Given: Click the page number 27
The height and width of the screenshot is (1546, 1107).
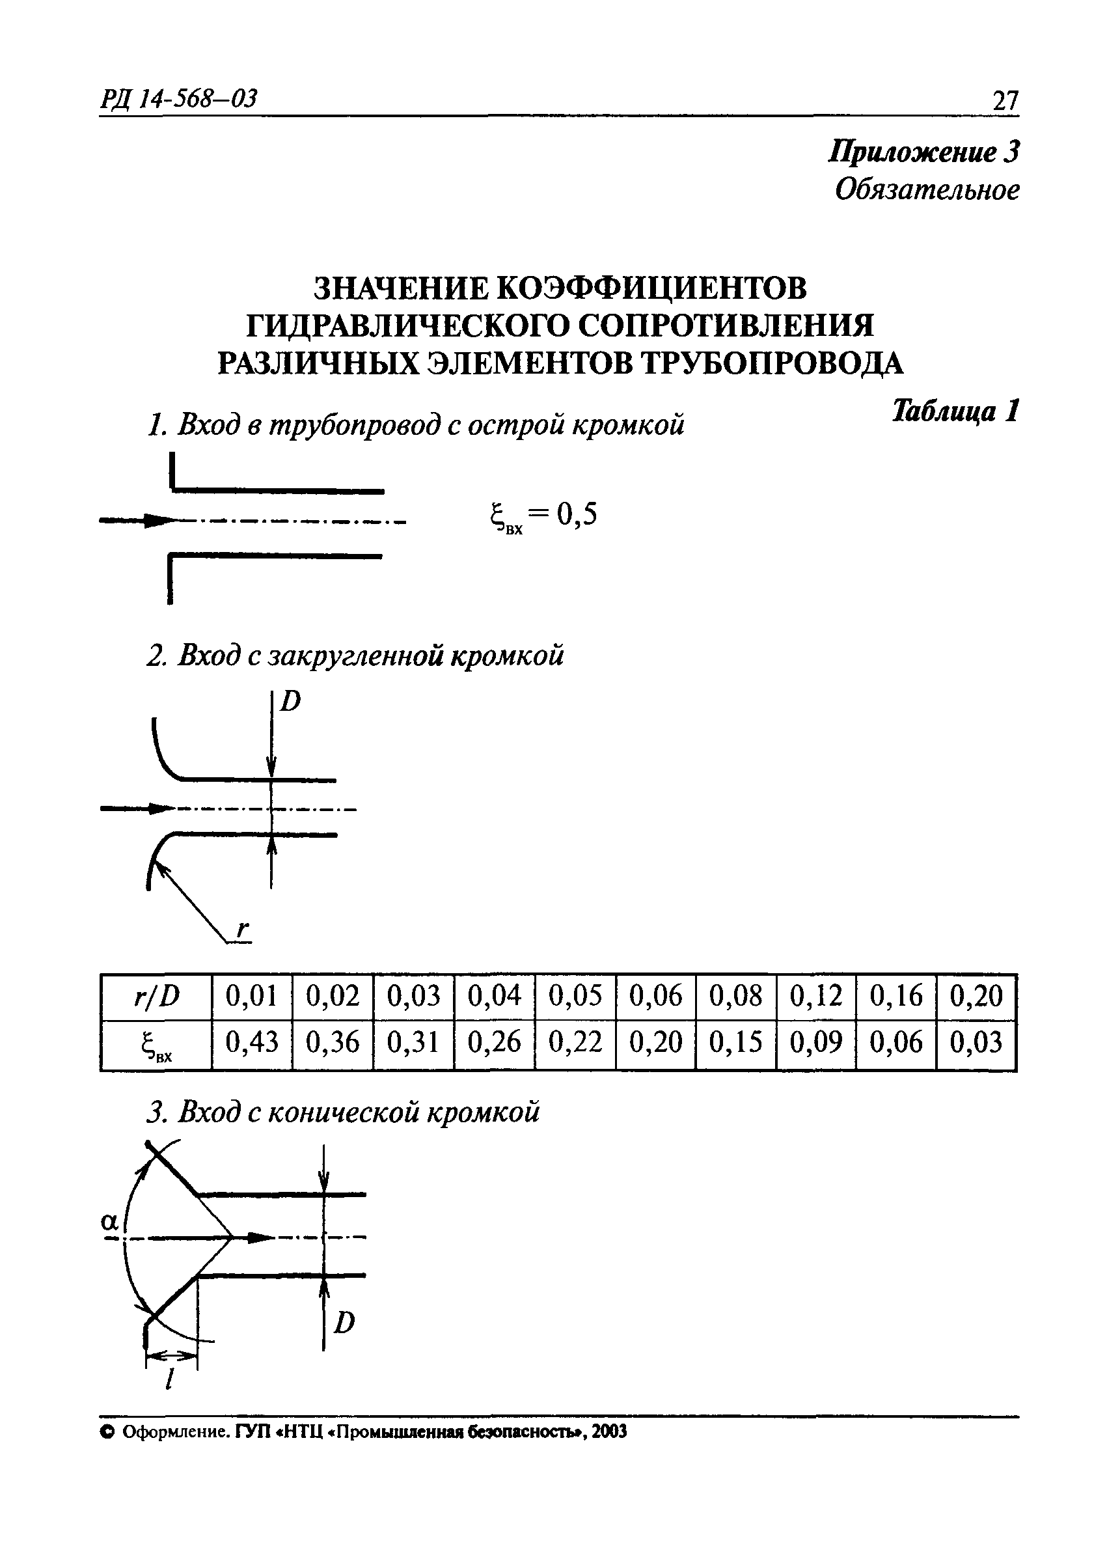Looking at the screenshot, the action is click(x=1005, y=102).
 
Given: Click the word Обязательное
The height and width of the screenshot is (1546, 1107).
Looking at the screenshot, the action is click(x=927, y=190).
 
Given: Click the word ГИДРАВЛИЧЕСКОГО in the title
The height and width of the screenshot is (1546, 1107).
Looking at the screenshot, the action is click(x=407, y=327).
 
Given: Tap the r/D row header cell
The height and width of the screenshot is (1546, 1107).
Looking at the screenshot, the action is click(x=156, y=997).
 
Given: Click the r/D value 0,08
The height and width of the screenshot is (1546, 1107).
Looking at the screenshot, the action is click(x=736, y=997).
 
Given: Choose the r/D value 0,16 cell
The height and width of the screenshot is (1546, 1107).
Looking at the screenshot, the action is click(x=897, y=997).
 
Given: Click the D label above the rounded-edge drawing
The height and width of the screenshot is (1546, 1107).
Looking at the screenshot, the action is click(x=291, y=702).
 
